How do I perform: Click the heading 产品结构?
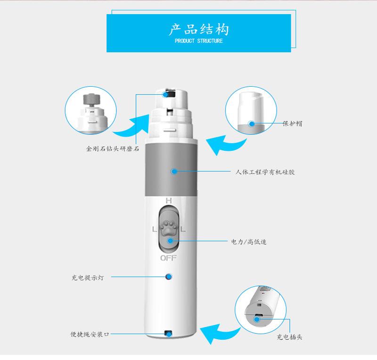[198, 29]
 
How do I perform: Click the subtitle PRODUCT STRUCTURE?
[198, 41]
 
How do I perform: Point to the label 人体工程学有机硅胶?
[265, 172]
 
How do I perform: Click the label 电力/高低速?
[249, 242]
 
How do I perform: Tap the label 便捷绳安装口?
[90, 334]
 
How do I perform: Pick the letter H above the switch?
[168, 201]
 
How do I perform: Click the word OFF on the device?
[168, 258]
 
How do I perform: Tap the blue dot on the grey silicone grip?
[174, 172]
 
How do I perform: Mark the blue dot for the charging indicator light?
[168, 277]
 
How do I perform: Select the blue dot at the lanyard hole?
[168, 334]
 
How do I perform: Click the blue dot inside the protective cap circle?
[251, 124]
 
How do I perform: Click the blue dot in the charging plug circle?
[257, 319]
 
